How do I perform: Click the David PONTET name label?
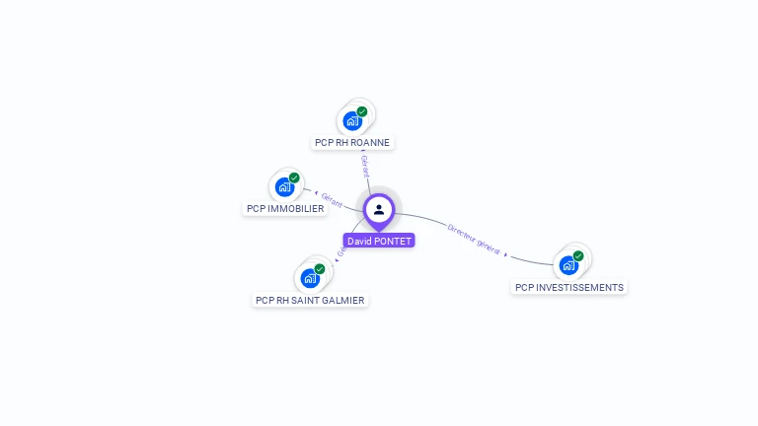click(x=379, y=241)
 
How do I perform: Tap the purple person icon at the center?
click(x=379, y=209)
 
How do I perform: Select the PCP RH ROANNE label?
click(x=352, y=142)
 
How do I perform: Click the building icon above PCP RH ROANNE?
click(x=352, y=121)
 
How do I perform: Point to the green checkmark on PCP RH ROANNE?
click(x=362, y=111)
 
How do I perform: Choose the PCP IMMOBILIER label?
click(x=285, y=208)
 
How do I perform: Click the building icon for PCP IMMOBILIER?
click(x=284, y=187)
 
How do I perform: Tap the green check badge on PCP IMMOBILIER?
click(x=294, y=177)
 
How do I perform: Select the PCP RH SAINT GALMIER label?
click(x=310, y=300)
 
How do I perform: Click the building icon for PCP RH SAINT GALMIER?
click(x=310, y=278)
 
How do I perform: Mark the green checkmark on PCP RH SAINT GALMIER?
click(x=320, y=268)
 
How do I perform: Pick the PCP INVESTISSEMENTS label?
click(x=569, y=287)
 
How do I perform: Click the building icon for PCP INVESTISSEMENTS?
click(x=568, y=265)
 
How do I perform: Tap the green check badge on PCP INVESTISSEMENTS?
click(x=578, y=255)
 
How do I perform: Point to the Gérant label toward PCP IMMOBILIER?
click(x=332, y=201)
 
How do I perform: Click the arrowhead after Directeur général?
click(x=506, y=254)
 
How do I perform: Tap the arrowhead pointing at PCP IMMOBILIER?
click(x=316, y=193)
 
